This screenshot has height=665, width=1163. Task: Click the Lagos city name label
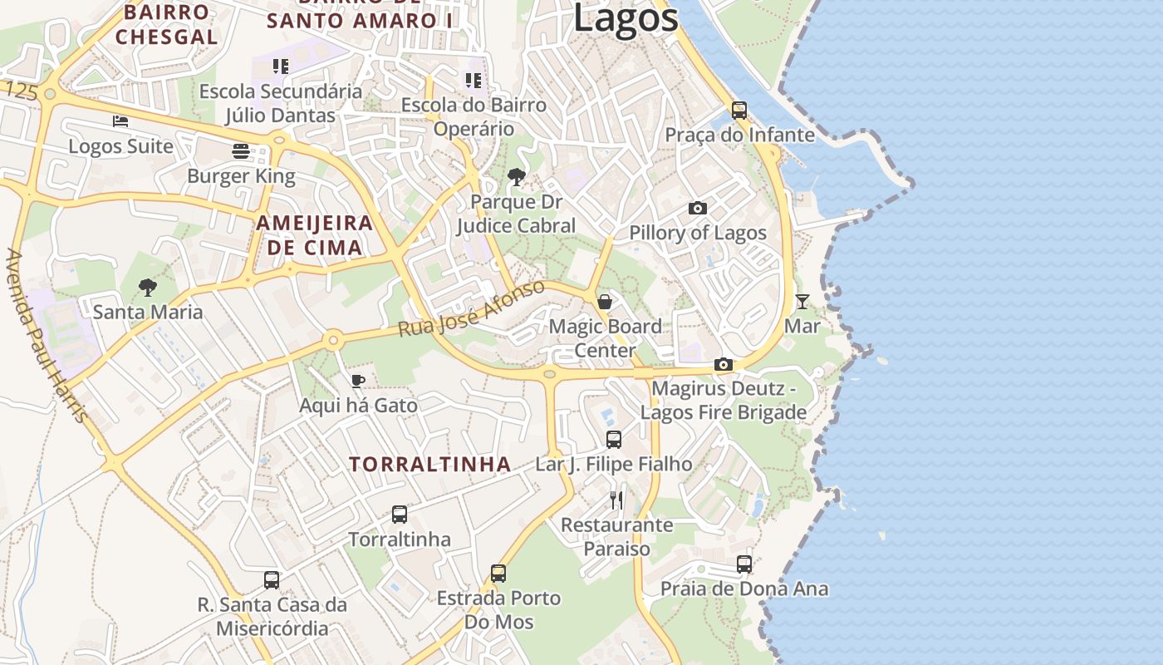pyautogui.click(x=625, y=18)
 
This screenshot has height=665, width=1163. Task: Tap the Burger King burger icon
pyautogui.click(x=241, y=151)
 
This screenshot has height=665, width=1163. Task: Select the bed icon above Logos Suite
pyautogui.click(x=120, y=121)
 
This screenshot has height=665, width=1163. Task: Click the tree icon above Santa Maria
pyautogui.click(x=148, y=288)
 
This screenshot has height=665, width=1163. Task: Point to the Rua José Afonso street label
pyautogui.click(x=471, y=308)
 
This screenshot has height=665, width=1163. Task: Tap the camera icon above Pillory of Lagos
pyautogui.click(x=698, y=208)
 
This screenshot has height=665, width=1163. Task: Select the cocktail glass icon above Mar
pyautogui.click(x=802, y=301)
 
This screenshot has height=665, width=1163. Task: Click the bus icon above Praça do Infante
pyautogui.click(x=739, y=110)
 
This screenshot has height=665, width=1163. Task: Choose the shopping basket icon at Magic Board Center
pyautogui.click(x=605, y=302)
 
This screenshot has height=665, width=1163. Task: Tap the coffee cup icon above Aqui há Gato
pyautogui.click(x=358, y=382)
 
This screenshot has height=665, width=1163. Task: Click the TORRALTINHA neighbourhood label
pyautogui.click(x=430, y=464)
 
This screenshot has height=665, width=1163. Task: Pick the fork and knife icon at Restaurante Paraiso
pyautogui.click(x=616, y=500)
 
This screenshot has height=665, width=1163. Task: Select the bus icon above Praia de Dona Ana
pyautogui.click(x=744, y=564)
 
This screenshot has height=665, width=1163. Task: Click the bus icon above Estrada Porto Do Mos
pyautogui.click(x=498, y=573)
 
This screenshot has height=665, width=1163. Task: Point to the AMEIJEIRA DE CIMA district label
pyautogui.click(x=314, y=235)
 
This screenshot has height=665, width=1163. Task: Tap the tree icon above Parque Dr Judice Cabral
pyautogui.click(x=516, y=176)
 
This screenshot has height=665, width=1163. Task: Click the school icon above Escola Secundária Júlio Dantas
pyautogui.click(x=281, y=66)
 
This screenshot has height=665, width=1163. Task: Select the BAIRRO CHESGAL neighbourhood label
pyautogui.click(x=166, y=24)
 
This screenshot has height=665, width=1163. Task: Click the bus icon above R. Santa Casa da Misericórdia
pyautogui.click(x=272, y=579)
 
